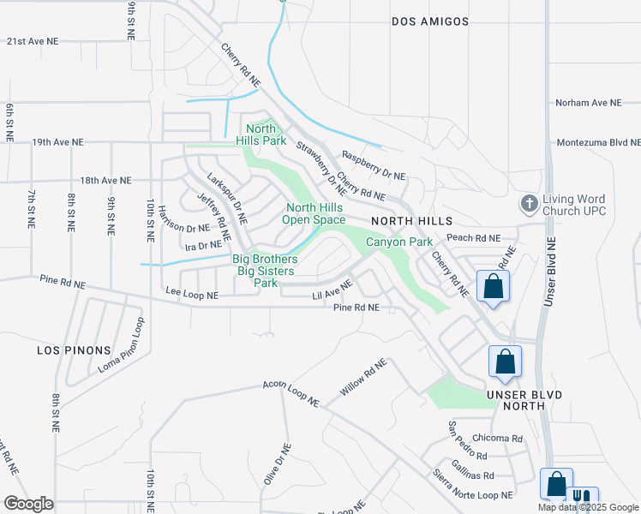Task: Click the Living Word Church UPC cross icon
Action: (x=530, y=204)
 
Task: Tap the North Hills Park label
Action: (x=261, y=134)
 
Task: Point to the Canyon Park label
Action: (x=399, y=242)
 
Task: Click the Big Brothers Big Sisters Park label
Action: (x=266, y=271)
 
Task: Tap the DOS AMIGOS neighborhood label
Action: (x=430, y=21)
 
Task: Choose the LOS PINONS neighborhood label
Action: (x=74, y=350)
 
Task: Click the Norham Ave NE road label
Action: (x=588, y=103)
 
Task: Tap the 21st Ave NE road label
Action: (x=33, y=40)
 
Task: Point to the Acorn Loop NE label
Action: (x=291, y=394)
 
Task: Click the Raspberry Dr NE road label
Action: (x=373, y=166)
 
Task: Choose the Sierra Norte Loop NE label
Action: (x=472, y=485)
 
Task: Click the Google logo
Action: (x=28, y=504)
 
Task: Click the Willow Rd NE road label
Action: (x=362, y=377)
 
